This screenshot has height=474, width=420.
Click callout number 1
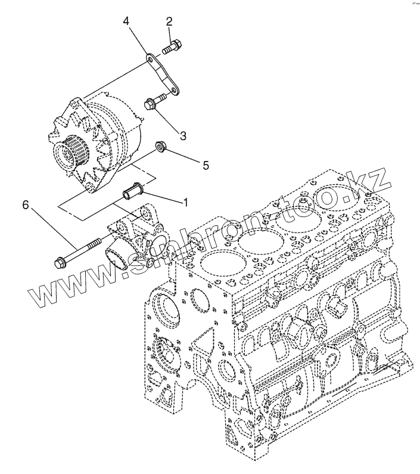point(186,202)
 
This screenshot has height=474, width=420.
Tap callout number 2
point(170,23)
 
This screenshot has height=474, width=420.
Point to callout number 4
point(126,22)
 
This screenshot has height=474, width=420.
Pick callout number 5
point(206,165)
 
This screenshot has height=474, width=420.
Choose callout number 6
point(26,205)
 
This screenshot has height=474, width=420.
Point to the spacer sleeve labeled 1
point(132,192)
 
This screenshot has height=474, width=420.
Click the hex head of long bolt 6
point(60,261)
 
